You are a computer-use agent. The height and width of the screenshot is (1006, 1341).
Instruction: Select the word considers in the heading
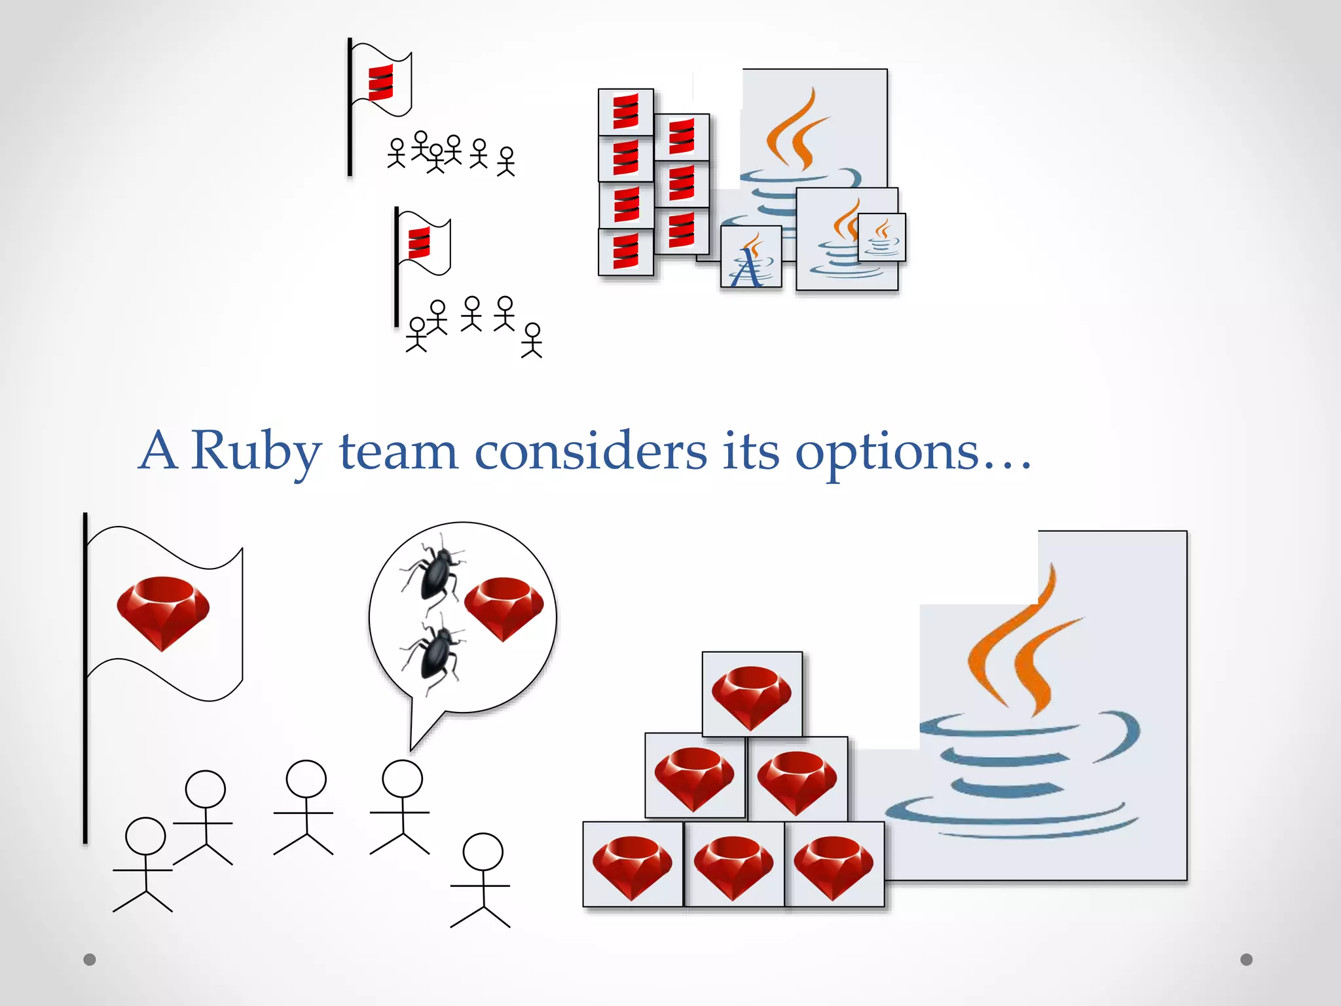(x=591, y=452)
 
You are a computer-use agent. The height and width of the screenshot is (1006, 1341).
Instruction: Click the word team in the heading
(x=398, y=452)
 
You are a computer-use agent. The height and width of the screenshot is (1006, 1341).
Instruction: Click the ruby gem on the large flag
(x=163, y=612)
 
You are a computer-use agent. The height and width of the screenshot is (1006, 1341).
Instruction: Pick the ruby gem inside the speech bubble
(x=504, y=608)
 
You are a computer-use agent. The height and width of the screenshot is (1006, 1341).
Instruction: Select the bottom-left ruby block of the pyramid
(x=633, y=865)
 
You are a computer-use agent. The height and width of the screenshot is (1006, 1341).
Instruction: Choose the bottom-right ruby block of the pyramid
(x=834, y=865)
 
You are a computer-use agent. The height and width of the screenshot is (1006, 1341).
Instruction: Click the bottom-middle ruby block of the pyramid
(x=733, y=865)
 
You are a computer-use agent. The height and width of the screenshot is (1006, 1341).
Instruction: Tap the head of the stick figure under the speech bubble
(x=402, y=779)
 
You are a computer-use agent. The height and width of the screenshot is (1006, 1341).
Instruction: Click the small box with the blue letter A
(x=750, y=257)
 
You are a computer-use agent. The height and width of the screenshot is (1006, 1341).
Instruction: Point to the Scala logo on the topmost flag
(x=380, y=83)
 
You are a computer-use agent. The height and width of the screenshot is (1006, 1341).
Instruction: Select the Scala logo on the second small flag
(x=419, y=243)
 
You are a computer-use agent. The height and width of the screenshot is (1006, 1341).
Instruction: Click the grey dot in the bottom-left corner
(x=90, y=959)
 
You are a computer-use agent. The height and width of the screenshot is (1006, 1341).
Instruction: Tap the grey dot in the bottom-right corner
(x=1247, y=959)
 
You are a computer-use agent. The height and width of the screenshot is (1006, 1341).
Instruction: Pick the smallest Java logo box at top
(x=882, y=237)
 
